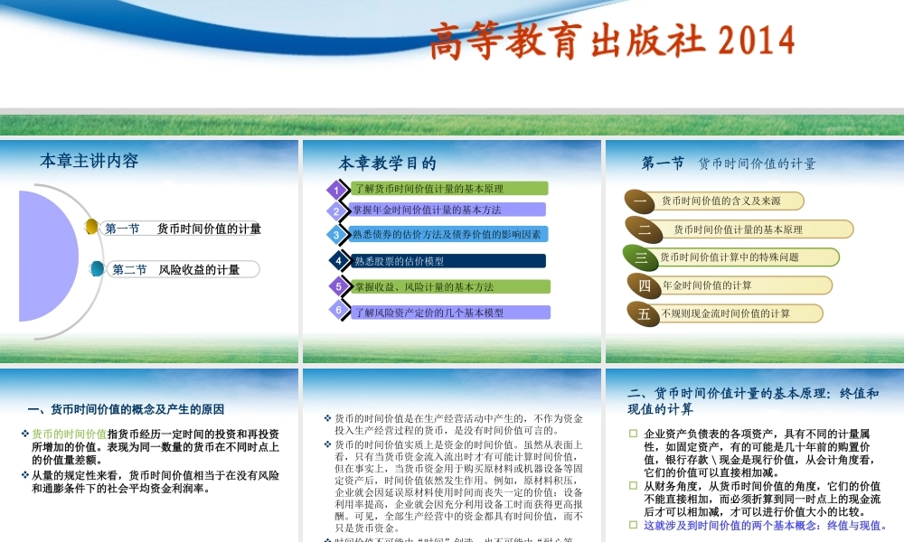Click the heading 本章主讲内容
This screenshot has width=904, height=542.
click(x=89, y=162)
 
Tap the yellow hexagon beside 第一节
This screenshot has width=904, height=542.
click(x=92, y=227)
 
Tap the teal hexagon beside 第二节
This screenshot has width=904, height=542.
click(x=98, y=268)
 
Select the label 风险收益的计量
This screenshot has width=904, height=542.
click(x=199, y=269)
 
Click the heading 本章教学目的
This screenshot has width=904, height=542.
click(x=387, y=164)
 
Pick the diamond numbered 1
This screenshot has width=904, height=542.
click(x=336, y=190)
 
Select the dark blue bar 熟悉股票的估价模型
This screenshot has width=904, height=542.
click(x=448, y=261)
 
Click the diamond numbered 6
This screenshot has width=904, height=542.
click(x=338, y=311)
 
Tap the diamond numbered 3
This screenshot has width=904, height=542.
click(x=336, y=235)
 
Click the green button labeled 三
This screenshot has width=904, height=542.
click(x=640, y=257)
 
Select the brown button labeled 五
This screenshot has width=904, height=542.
click(x=644, y=313)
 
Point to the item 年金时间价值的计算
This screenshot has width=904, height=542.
click(x=707, y=285)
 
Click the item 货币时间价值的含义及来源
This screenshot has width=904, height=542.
click(x=720, y=201)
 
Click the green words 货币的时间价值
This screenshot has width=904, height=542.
click(x=69, y=434)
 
